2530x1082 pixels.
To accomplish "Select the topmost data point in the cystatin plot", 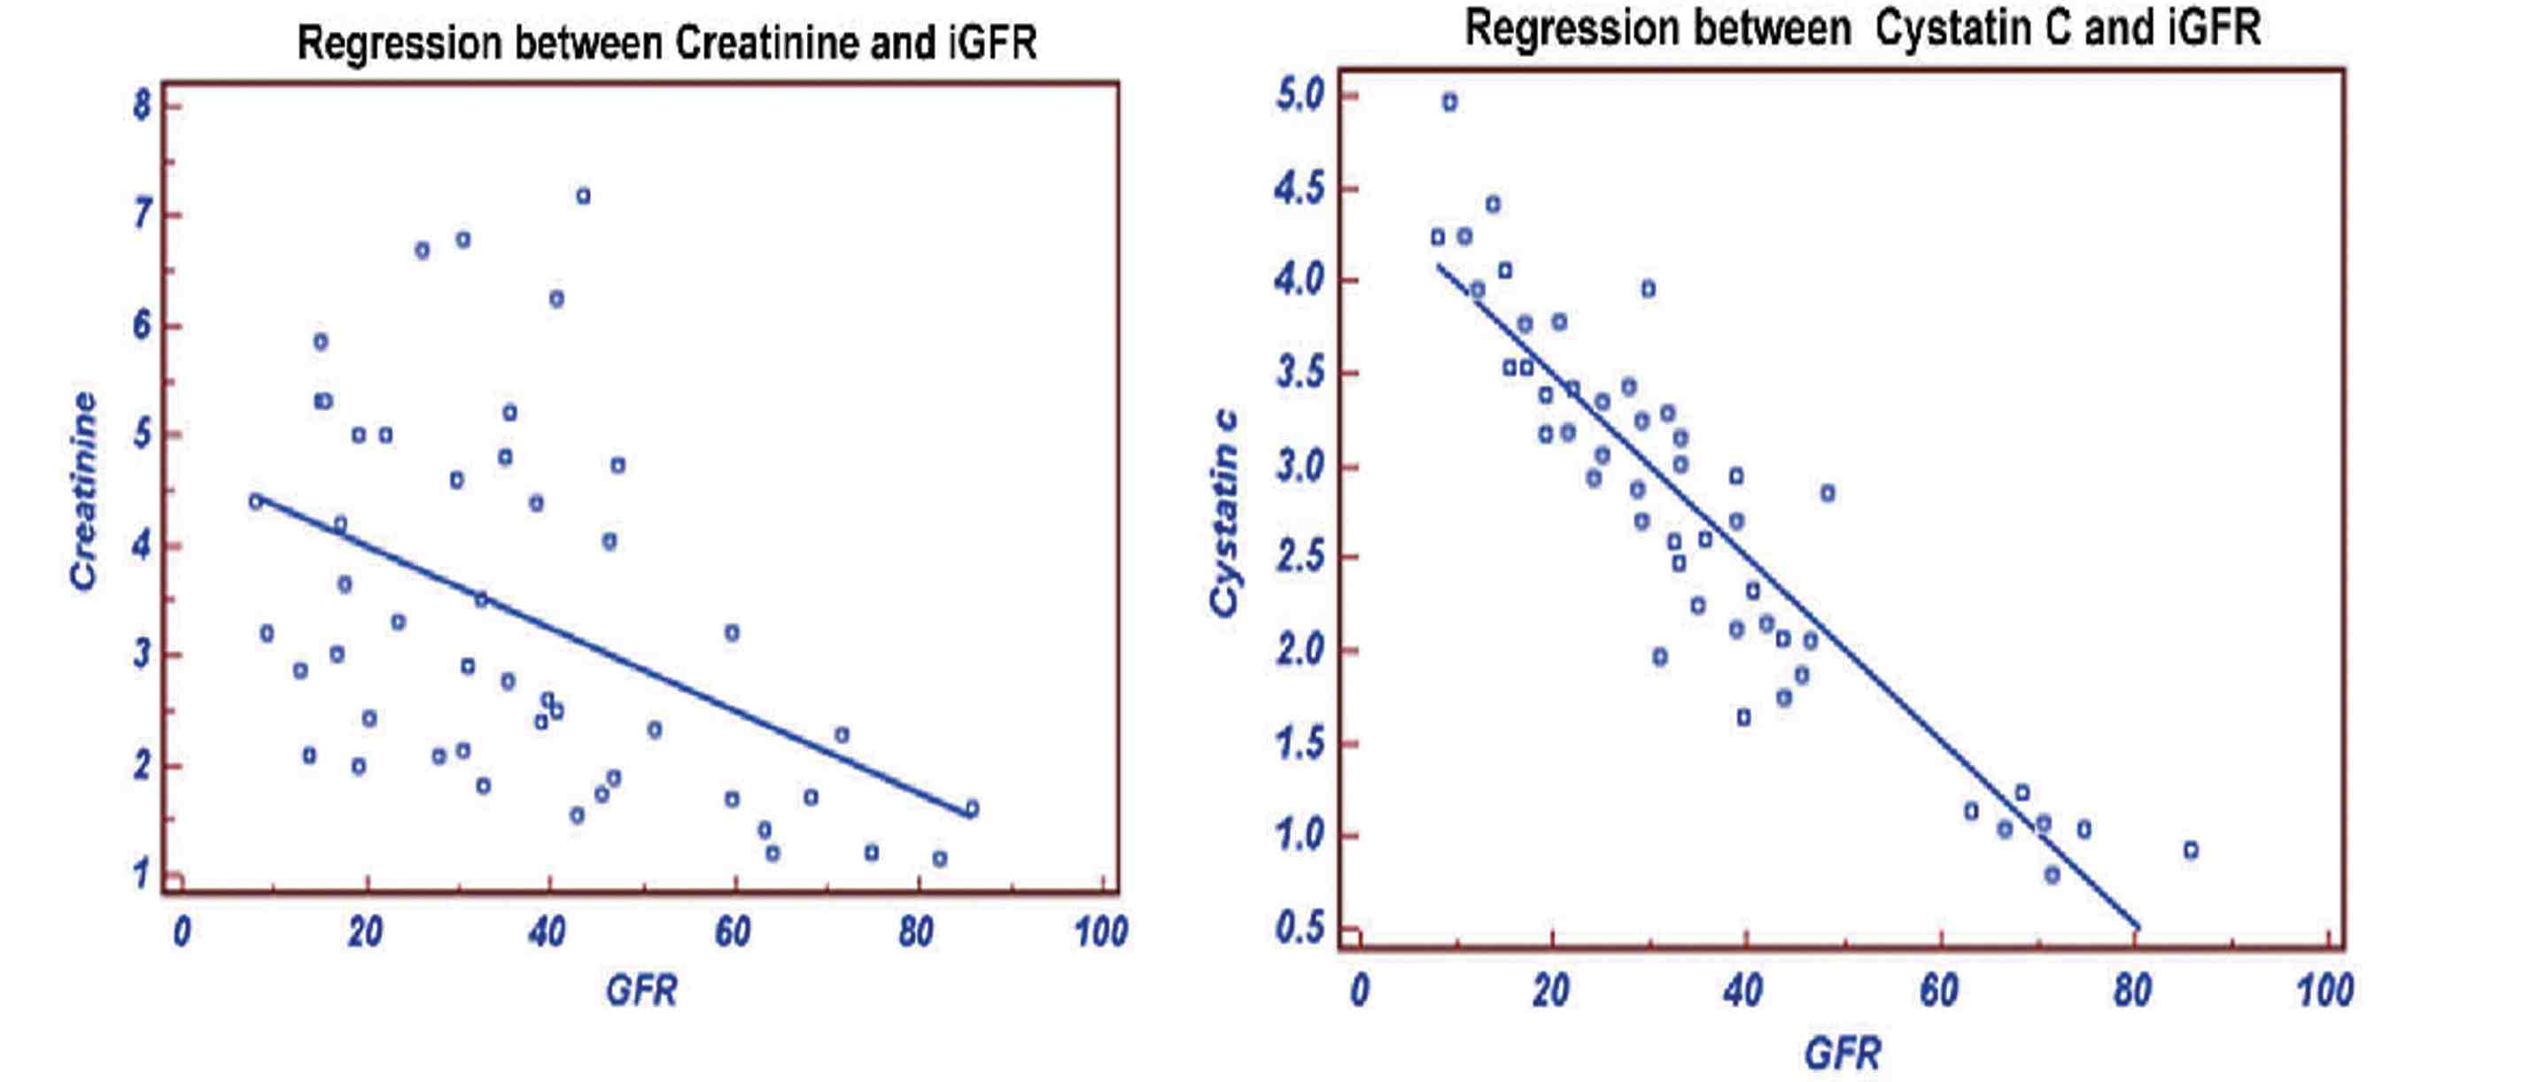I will point(1449,102).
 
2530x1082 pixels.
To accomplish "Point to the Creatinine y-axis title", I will point(84,491).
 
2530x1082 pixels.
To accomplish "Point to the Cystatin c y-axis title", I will point(1223,514).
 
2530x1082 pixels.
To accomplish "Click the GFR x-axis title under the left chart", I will point(641,990).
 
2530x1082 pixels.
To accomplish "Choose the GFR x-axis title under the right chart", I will point(1842,1054).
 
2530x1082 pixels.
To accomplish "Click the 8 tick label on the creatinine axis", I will point(143,105).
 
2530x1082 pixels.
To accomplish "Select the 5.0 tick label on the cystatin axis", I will point(1300,96).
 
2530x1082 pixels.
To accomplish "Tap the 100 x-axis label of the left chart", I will point(1100,931).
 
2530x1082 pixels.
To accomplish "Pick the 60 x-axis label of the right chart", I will point(1939,990).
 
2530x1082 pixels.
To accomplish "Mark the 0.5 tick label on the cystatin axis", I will point(1300,927).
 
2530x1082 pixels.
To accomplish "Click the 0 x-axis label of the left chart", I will point(182,931).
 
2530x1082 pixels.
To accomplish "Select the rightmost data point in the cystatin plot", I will point(2190,850).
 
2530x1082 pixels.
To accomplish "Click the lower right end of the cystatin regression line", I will point(2138,927).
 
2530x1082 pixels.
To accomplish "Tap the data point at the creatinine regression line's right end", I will point(971,809).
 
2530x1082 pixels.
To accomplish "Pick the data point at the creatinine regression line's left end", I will point(256,501).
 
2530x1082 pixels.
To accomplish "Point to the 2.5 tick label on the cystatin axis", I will point(1300,557).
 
